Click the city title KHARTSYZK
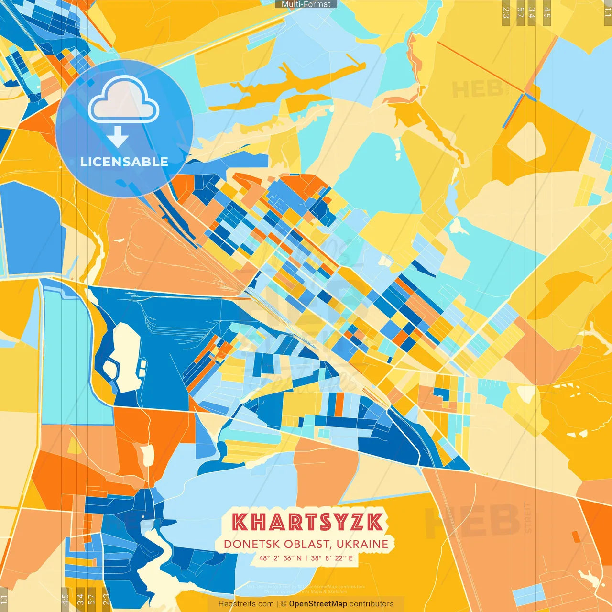(x=307, y=522)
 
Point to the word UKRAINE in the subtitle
(x=361, y=544)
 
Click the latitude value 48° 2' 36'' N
(x=280, y=558)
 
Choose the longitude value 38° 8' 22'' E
(x=332, y=558)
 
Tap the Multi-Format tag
(x=306, y=4)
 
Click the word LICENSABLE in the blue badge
(x=124, y=162)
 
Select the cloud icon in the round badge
(x=123, y=100)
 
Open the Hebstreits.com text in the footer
(x=246, y=604)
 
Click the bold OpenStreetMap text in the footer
(x=318, y=604)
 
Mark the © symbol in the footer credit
(x=283, y=604)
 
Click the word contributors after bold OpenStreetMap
(x=372, y=604)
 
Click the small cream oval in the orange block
(x=147, y=455)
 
